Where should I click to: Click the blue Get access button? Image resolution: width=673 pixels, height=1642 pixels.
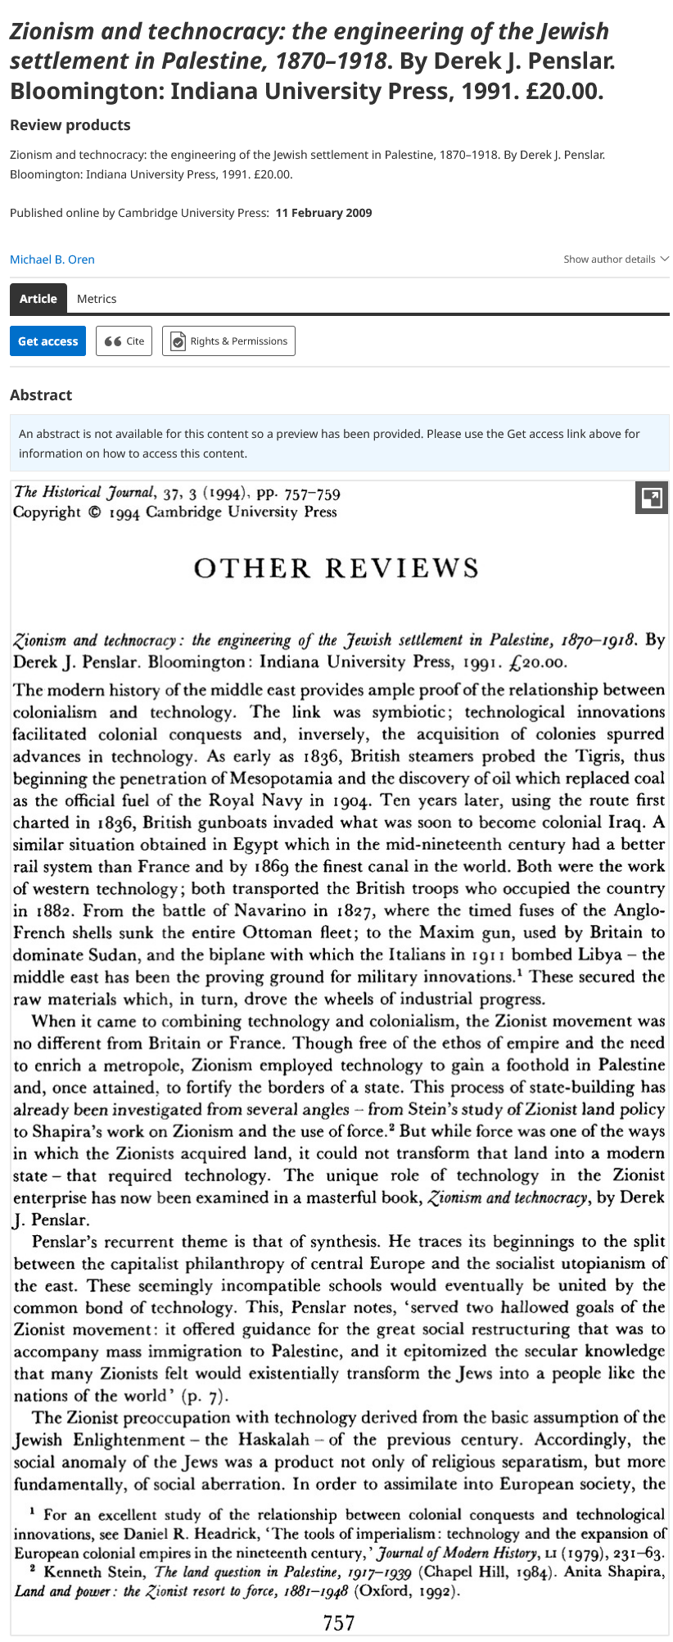tap(47, 341)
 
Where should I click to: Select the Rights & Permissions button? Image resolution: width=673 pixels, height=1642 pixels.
tap(228, 341)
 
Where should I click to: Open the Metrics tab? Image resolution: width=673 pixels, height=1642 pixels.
tap(97, 299)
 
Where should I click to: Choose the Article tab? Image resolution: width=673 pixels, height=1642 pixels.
tap(38, 299)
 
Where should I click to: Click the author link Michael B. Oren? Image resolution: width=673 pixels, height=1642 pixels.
tap(52, 259)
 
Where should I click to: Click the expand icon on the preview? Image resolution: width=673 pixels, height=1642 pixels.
tap(651, 498)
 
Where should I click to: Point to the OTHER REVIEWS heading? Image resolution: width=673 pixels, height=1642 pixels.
tap(336, 568)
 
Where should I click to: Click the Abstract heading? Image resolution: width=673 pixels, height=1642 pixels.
tap(41, 395)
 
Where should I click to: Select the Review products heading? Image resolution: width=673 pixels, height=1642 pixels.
tap(70, 125)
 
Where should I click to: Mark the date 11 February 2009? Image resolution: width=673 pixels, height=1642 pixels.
tap(323, 213)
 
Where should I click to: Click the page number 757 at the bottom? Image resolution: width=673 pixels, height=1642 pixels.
tap(339, 1622)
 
